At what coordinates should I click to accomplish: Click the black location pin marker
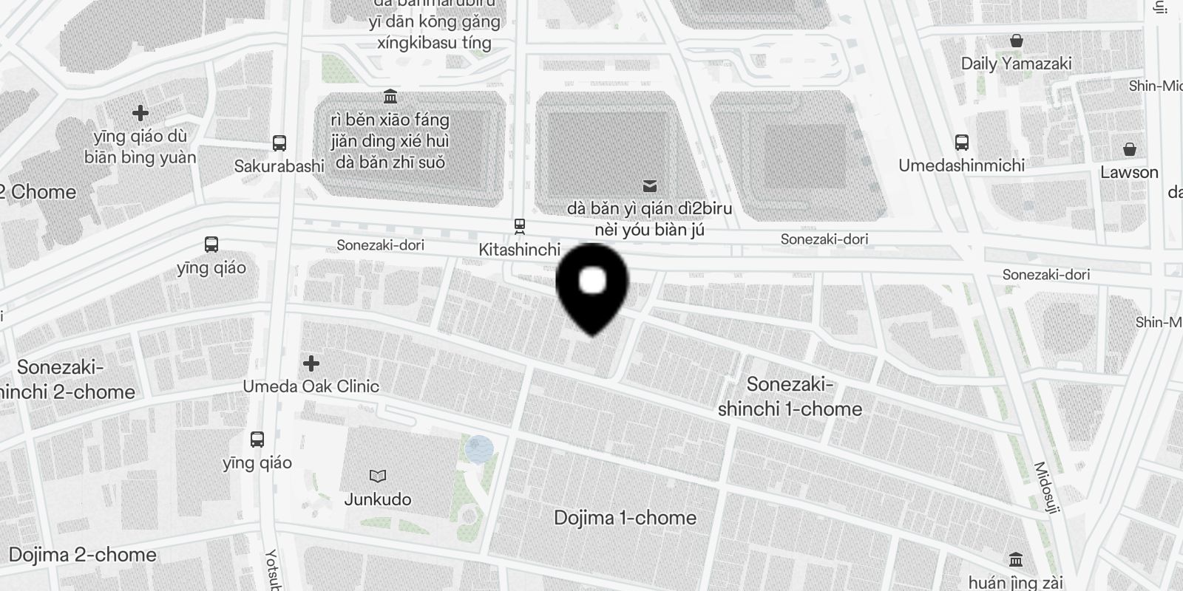click(x=591, y=285)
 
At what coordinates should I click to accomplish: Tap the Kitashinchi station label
click(x=519, y=250)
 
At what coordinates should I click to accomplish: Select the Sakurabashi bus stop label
click(x=279, y=166)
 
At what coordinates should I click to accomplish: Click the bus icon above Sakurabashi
click(x=279, y=143)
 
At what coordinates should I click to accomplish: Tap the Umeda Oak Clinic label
click(x=311, y=386)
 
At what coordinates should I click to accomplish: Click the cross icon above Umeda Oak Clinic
click(x=311, y=363)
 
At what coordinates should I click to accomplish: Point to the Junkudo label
click(x=378, y=499)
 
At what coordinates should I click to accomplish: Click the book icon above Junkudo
click(x=378, y=476)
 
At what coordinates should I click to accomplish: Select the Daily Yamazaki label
click(x=1016, y=64)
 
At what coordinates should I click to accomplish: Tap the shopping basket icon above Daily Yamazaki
click(x=1017, y=40)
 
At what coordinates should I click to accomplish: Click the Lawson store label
click(x=1129, y=172)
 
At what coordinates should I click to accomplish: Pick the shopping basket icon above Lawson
click(x=1129, y=149)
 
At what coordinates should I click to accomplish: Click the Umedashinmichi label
click(x=961, y=165)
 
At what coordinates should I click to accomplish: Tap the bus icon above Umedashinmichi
click(x=961, y=142)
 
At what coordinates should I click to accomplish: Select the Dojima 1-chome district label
click(x=625, y=518)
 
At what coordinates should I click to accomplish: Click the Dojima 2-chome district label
click(x=83, y=555)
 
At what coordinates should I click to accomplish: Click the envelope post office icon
click(x=650, y=185)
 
